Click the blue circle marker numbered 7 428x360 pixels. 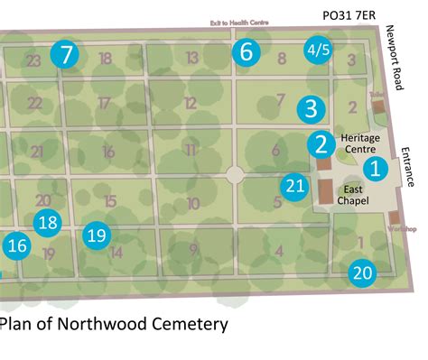pos(65,54)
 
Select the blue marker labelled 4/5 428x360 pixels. pos(318,51)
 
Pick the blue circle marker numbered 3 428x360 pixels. pos(311,109)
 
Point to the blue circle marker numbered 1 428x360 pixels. pos(375,168)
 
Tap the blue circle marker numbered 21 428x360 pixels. pos(294,187)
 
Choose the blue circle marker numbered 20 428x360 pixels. pos(362,272)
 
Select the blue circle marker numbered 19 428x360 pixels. pos(96,236)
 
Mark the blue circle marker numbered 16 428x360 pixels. pos(15,245)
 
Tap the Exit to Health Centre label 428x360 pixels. pos(240,24)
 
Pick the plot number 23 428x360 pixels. pos(33,61)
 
